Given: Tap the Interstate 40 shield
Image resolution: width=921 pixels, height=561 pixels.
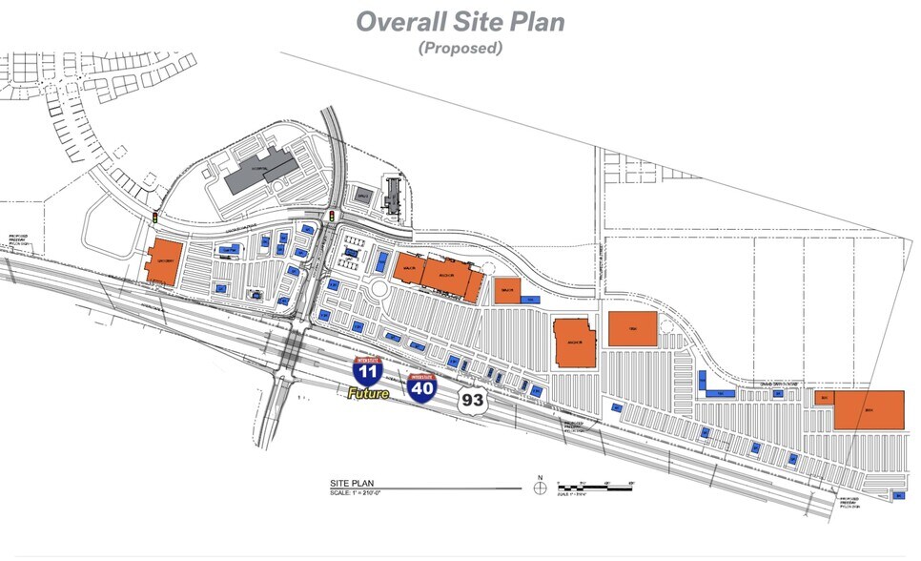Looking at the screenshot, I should [421, 386].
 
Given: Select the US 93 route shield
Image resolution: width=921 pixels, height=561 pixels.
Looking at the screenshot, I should [471, 399].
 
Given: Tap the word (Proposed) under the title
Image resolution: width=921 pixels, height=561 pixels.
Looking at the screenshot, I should [460, 48].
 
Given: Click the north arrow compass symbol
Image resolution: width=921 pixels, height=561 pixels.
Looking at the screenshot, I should [540, 487].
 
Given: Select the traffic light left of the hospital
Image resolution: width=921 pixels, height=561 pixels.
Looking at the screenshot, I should [155, 218].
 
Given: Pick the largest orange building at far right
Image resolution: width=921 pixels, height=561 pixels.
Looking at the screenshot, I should [869, 410].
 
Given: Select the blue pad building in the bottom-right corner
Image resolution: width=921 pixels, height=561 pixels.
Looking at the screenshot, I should [897, 495].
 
